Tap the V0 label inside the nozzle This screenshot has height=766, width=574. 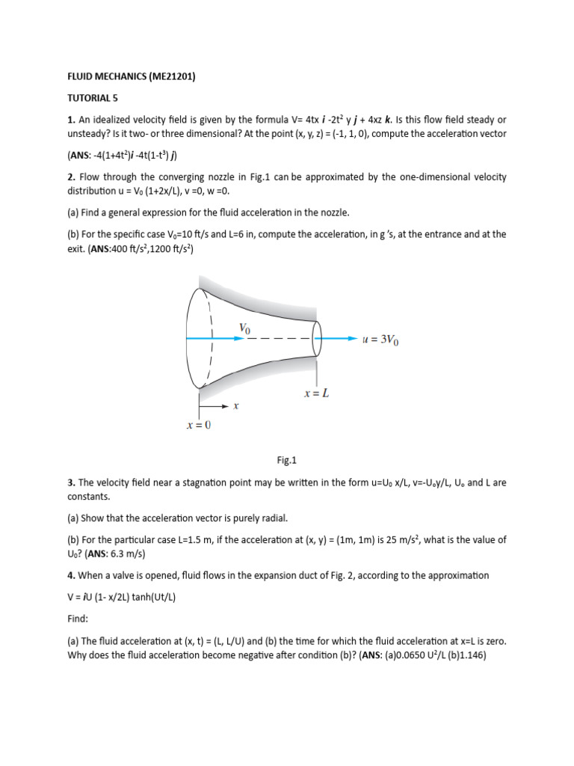245,328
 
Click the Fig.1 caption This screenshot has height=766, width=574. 287,461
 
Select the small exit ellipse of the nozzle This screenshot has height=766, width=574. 317,339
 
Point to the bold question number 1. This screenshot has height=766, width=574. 71,120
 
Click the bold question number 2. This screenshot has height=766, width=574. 71,177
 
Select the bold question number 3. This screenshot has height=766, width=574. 71,482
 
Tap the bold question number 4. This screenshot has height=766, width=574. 71,575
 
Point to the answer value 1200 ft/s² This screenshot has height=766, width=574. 169,248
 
